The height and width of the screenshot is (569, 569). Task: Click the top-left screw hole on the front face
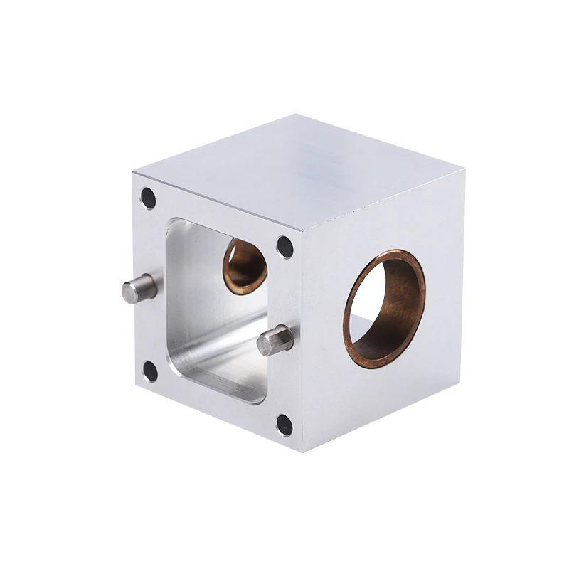coord(148,198)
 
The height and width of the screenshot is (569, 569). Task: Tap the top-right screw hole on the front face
coord(284,246)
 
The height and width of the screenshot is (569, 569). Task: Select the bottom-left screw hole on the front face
coord(150,370)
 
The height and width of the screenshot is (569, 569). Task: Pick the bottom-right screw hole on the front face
coord(284,425)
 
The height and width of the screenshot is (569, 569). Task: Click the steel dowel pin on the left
coord(138,288)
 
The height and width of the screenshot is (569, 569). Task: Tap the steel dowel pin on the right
coord(275,339)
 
